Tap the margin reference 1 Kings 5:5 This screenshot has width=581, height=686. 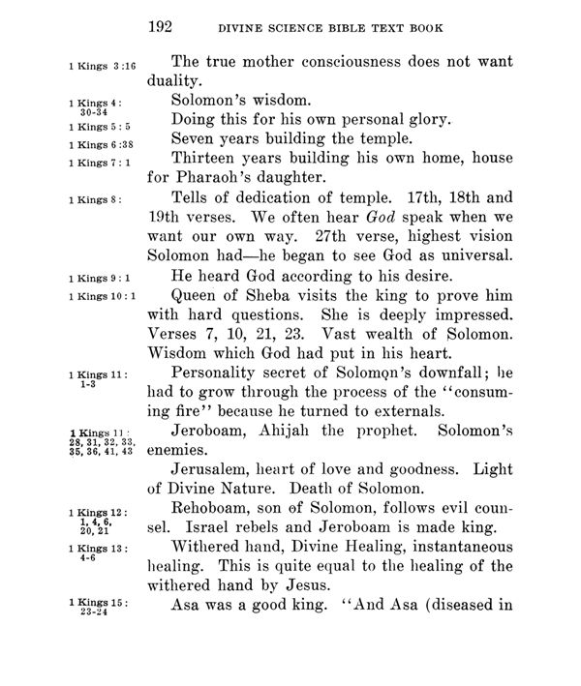[x=100, y=126]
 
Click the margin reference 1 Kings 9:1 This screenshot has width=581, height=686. [x=101, y=280]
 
